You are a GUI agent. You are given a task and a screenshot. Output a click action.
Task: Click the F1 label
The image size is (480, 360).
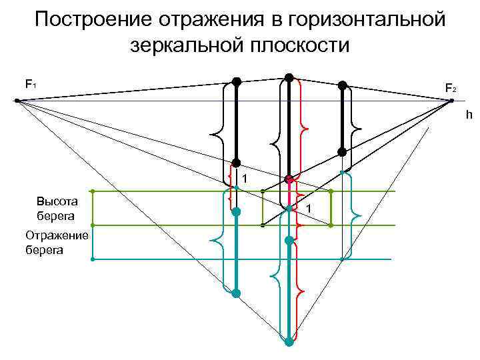[31, 84]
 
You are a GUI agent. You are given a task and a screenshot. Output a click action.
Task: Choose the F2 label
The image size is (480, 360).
[451, 88]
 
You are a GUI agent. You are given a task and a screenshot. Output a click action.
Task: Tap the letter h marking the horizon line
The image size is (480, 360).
[469, 115]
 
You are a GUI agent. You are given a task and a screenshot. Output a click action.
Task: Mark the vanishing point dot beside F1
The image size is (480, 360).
[17, 101]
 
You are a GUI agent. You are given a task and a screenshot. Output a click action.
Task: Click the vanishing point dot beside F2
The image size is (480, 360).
[451, 101]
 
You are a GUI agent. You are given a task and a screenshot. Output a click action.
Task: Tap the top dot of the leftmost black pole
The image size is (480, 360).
[236, 81]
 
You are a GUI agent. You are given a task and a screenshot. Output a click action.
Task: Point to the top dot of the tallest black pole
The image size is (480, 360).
[289, 77]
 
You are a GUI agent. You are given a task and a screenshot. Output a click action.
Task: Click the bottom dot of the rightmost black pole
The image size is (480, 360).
[342, 152]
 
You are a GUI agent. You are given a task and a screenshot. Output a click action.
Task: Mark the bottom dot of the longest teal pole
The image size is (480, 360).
[289, 342]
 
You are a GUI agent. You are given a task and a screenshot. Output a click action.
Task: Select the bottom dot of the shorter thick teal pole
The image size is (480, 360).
[236, 293]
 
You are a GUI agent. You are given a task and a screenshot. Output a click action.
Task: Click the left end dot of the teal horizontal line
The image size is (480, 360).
[93, 259]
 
